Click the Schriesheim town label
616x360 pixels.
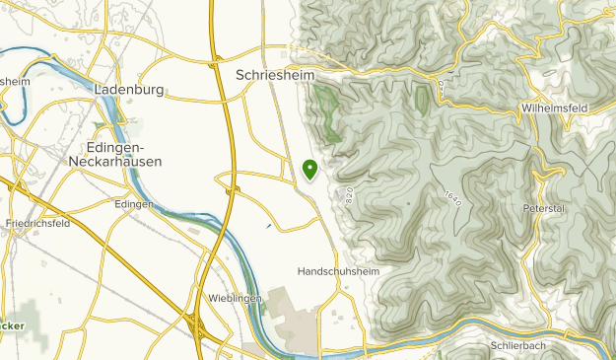[x=275, y=74]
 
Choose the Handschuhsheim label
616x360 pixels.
[x=338, y=270]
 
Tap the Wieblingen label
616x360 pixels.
[x=234, y=297]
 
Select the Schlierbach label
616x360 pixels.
[x=517, y=346]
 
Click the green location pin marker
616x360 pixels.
[x=310, y=170]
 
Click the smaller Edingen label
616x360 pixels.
[x=133, y=204]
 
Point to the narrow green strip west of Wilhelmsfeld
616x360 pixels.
[x=423, y=99]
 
